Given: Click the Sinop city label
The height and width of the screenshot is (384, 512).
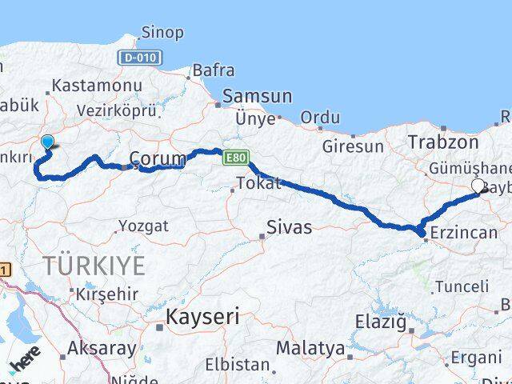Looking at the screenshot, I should pos(162,33).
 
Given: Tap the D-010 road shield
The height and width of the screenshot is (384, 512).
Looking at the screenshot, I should pos(140,58).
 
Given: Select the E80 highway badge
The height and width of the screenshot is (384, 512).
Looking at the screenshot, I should pos(234,158).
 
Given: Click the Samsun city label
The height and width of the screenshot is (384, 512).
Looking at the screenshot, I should pos(258,96).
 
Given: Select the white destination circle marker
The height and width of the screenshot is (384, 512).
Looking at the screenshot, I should pos(478,186).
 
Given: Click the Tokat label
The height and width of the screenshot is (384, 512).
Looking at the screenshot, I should pos(260,183).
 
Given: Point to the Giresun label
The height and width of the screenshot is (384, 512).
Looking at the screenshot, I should pos(353,146).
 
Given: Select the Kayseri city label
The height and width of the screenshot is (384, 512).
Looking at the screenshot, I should pos(202,318).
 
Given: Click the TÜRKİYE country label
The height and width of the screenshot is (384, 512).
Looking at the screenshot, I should pos(94,266).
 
